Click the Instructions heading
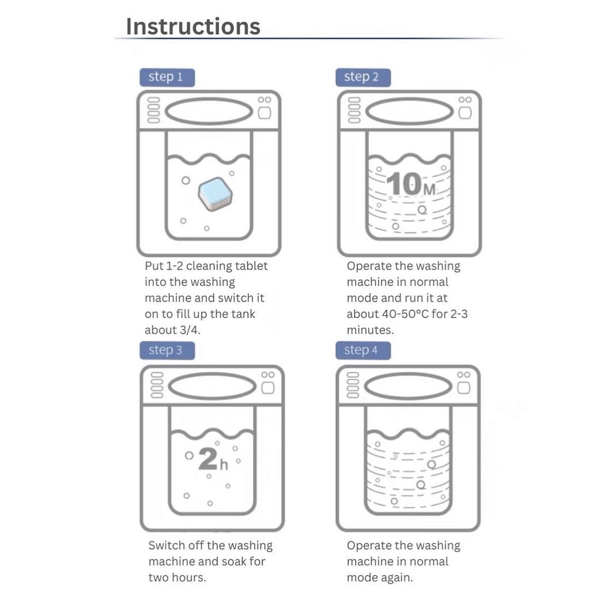coord(193,27)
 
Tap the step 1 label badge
coord(167,78)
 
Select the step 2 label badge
coord(363,78)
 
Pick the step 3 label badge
coord(167,350)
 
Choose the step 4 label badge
coord(363,350)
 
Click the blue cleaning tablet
coord(215,194)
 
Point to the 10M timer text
coord(411,184)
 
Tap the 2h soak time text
coord(213,459)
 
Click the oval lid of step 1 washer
coord(209,111)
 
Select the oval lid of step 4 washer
coord(409,387)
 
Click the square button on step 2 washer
coord(465,113)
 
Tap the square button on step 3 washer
coord(268,388)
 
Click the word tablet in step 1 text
coord(251,266)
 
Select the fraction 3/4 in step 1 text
coord(189,330)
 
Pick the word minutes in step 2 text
coord(370,330)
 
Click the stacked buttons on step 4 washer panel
coord(353,385)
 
